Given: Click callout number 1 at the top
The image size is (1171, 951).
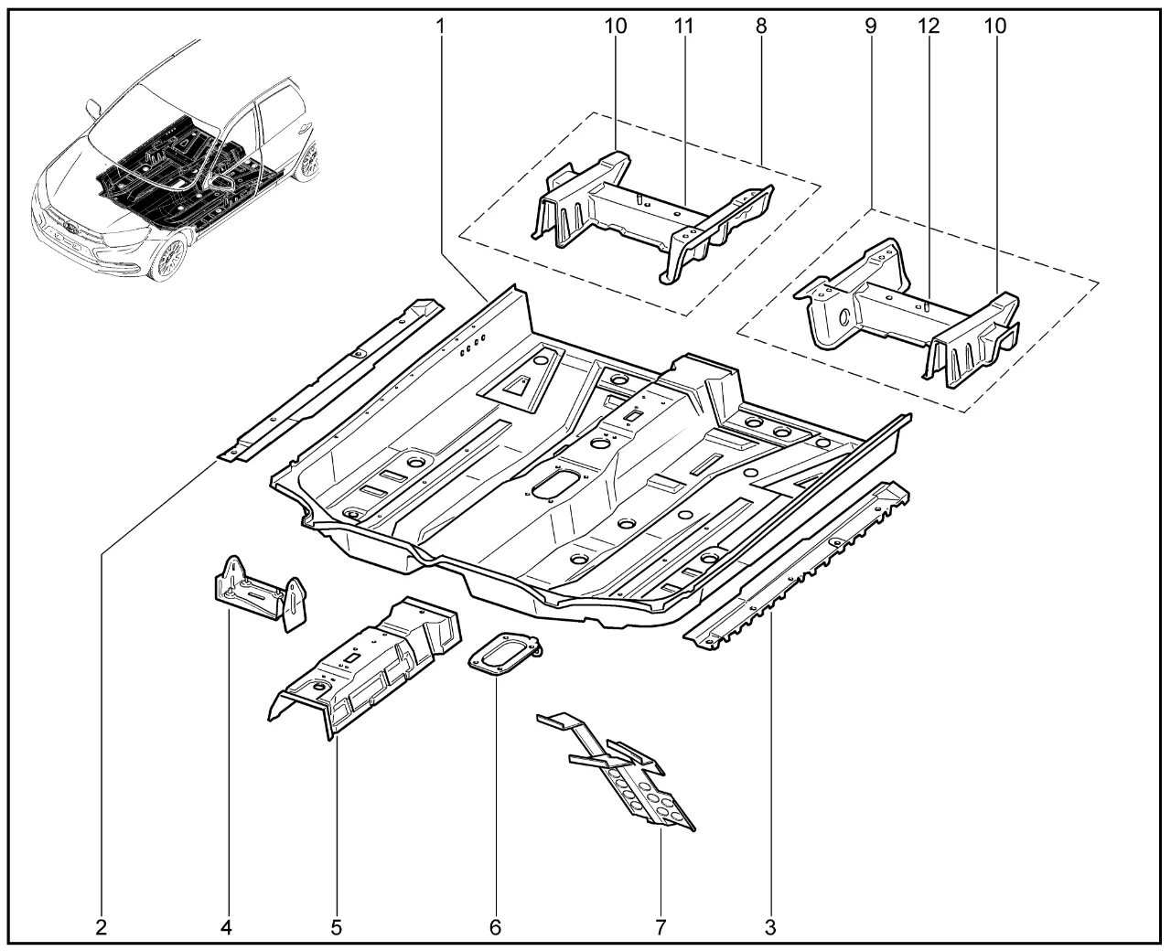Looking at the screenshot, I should (x=440, y=26).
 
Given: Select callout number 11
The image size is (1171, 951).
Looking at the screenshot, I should (x=684, y=26).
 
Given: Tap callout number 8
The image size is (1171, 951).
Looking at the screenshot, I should (x=761, y=26).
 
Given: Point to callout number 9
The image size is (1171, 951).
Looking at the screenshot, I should (x=870, y=26).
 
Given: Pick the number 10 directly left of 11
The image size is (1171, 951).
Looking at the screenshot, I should (x=616, y=26).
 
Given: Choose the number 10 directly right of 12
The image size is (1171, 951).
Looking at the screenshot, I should (x=994, y=26).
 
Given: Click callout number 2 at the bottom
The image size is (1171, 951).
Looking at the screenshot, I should (x=101, y=927).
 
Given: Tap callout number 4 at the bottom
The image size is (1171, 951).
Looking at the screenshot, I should (x=226, y=927).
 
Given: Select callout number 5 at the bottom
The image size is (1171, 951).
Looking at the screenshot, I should (x=336, y=927).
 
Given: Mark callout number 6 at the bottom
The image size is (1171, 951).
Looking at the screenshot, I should (x=495, y=927).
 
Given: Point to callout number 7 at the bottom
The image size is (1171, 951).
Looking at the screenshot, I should (x=661, y=927).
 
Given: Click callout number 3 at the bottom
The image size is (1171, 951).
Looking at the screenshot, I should (x=770, y=927).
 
